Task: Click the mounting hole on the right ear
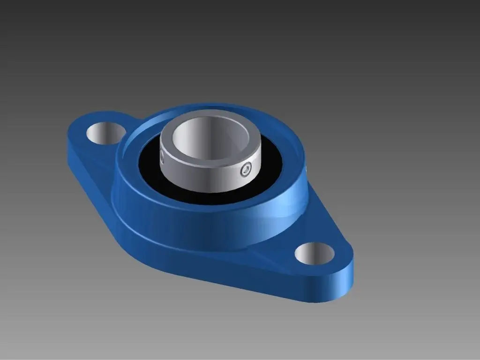click(315, 254)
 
